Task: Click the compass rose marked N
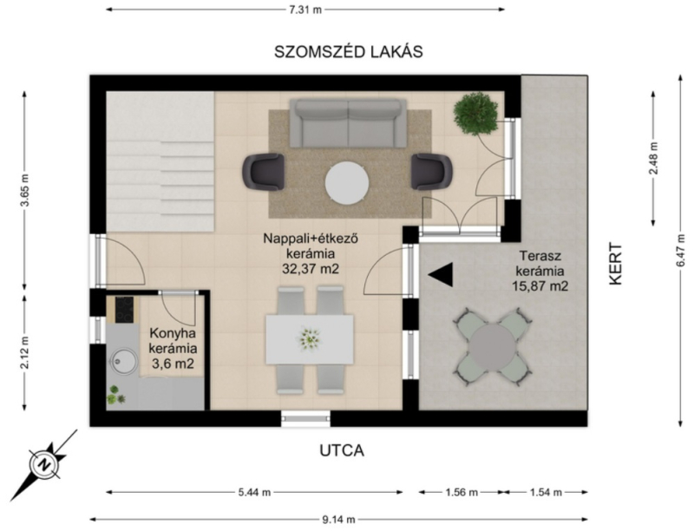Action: pyautogui.click(x=44, y=465)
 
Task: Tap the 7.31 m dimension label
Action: pyautogui.click(x=305, y=10)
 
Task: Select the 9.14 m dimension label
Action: pyautogui.click(x=338, y=520)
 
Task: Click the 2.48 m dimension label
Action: pyautogui.click(x=654, y=158)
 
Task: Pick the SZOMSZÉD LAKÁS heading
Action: pyautogui.click(x=349, y=52)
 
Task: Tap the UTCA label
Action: pyautogui.click(x=342, y=450)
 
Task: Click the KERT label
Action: pyautogui.click(x=616, y=263)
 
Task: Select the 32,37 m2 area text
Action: pyautogui.click(x=311, y=269)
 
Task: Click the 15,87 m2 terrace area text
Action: pyautogui.click(x=540, y=285)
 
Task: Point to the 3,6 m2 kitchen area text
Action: pyautogui.click(x=173, y=364)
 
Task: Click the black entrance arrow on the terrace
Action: pyautogui.click(x=441, y=274)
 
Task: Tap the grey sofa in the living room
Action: pyautogui.click(x=349, y=123)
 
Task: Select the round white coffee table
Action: pyautogui.click(x=347, y=183)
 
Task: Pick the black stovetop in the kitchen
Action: pyautogui.click(x=124, y=309)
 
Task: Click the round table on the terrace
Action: pyautogui.click(x=493, y=346)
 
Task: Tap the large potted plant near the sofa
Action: pyautogui.click(x=475, y=114)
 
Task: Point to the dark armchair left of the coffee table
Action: pyautogui.click(x=264, y=172)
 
